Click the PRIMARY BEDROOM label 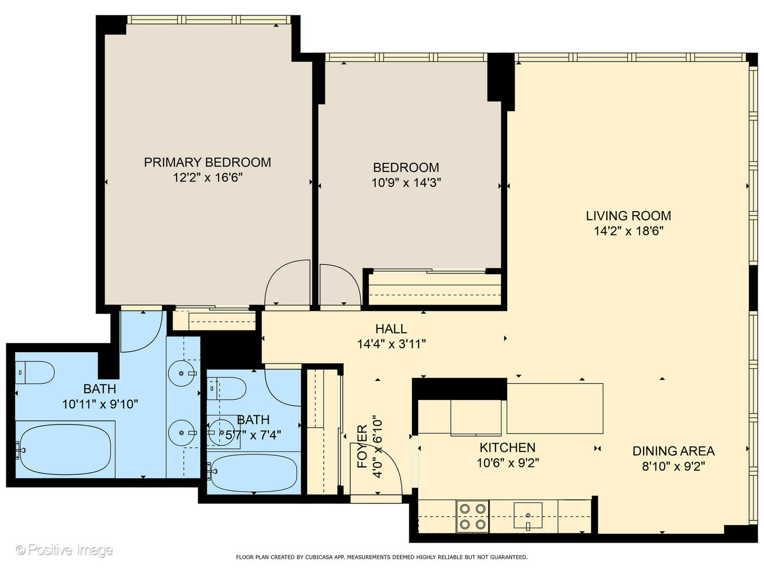pyautogui.click(x=207, y=162)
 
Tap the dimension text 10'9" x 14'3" pyautogui.click(x=406, y=183)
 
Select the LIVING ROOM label pyautogui.click(x=628, y=216)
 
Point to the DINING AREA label pyautogui.click(x=673, y=452)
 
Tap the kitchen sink pyautogui.click(x=528, y=516)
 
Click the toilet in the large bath pyautogui.click(x=34, y=372)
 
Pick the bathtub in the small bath pyautogui.click(x=254, y=472)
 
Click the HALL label pyautogui.click(x=391, y=329)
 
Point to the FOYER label pyautogui.click(x=362, y=446)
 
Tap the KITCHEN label pyautogui.click(x=508, y=448)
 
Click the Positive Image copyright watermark pyautogui.click(x=64, y=550)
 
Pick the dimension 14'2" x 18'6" pyautogui.click(x=628, y=231)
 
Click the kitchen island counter pyautogui.click(x=554, y=408)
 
